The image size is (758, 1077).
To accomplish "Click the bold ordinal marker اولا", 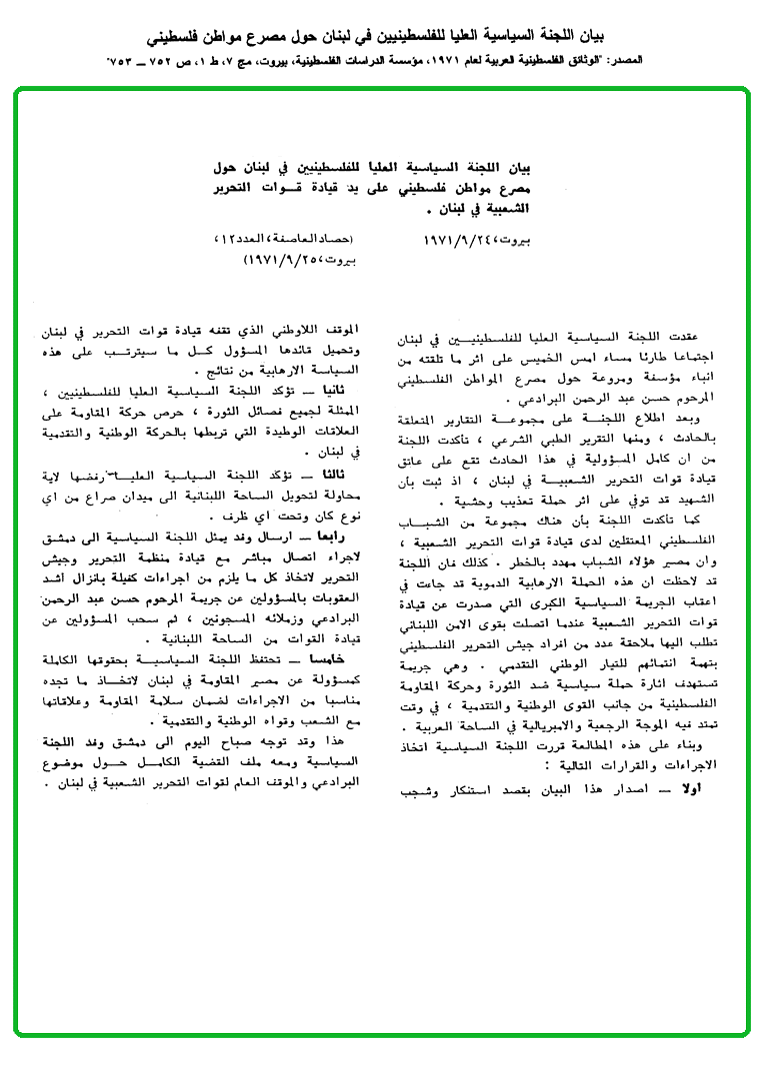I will coord(705,788).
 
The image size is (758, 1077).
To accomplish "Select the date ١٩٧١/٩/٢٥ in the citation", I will coord(277,258).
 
